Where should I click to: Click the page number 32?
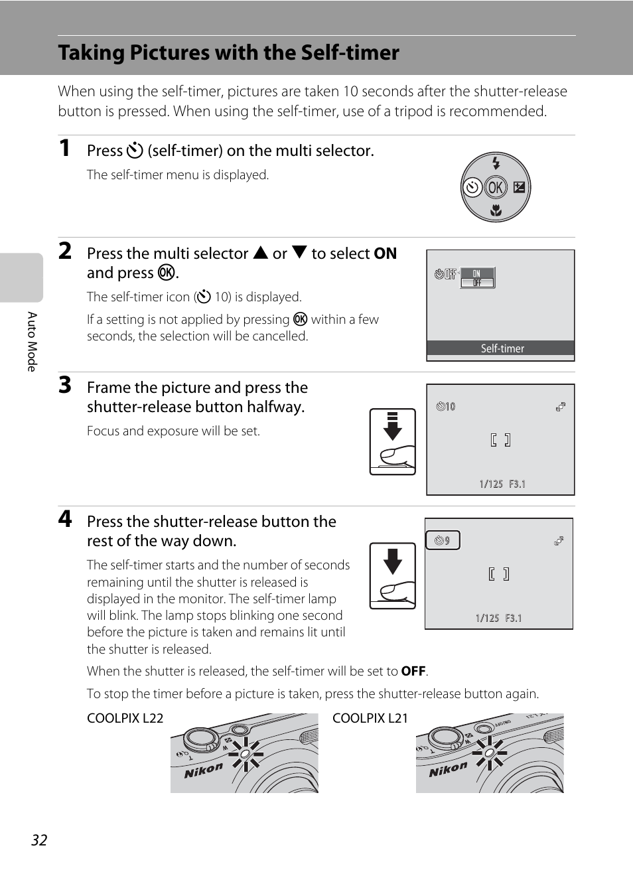[x=39, y=840]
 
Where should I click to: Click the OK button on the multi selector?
[x=495, y=188]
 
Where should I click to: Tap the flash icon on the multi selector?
[x=496, y=163]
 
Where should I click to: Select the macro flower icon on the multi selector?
[x=496, y=212]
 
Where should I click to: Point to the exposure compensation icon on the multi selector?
[x=519, y=188]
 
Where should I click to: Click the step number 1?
[x=64, y=148]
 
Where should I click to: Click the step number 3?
[x=64, y=385]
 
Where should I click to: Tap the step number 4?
[x=64, y=518]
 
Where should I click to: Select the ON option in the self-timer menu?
[x=476, y=273]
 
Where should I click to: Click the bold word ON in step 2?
[x=385, y=254]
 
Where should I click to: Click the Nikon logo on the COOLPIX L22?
[x=203, y=770]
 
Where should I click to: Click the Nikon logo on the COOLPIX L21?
[x=448, y=770]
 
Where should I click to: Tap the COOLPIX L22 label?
[x=125, y=718]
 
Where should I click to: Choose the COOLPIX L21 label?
[x=370, y=718]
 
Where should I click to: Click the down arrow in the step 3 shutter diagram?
[x=393, y=427]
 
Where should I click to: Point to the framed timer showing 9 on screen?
[x=443, y=541]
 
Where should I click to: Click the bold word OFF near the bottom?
[x=413, y=671]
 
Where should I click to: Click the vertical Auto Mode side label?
[x=31, y=341]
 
